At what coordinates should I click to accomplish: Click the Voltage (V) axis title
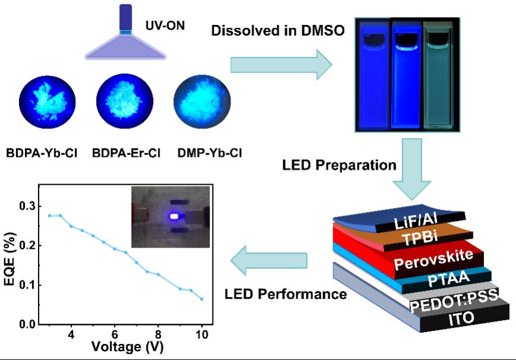pos(128,348)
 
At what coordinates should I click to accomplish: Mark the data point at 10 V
pos(202,299)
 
